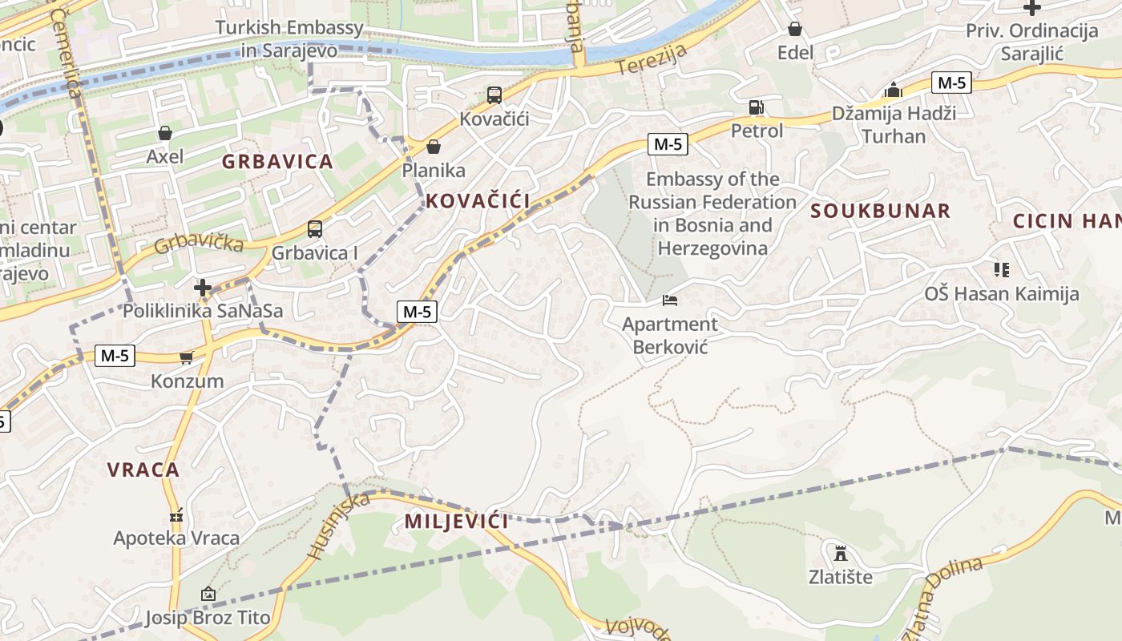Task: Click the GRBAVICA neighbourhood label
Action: tap(277, 162)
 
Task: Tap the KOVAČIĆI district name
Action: tap(478, 201)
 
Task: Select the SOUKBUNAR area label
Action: tap(880, 211)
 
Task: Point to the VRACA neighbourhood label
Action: tap(143, 470)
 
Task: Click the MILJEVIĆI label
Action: tap(456, 522)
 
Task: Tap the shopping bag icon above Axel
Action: tap(165, 132)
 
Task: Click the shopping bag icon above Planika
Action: tap(434, 147)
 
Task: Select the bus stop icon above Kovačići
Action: tap(494, 95)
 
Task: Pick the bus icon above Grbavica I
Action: tap(315, 229)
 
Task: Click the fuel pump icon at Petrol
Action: tap(756, 107)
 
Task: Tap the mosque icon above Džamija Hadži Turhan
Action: tap(894, 90)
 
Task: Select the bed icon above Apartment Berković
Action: tap(670, 300)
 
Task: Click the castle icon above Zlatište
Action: tap(840, 553)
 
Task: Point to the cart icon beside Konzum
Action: tap(187, 357)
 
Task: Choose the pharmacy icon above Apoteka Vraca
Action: tap(176, 515)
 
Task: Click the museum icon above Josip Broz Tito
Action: tap(208, 594)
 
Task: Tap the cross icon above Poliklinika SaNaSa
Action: tap(203, 287)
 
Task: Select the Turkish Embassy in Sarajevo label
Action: tap(289, 39)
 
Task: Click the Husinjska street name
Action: tap(339, 525)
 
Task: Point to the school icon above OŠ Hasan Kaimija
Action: tap(1002, 270)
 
